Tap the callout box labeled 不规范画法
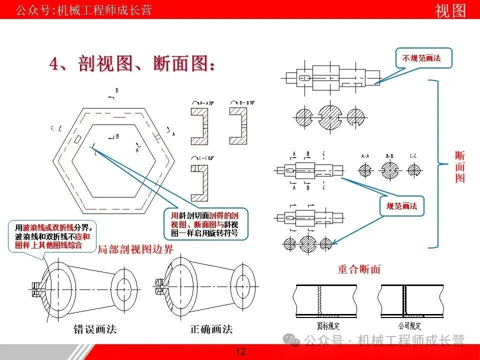421,58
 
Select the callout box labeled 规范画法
401,205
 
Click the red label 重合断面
358,269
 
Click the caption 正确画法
211,329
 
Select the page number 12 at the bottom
240,352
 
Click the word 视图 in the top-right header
450,10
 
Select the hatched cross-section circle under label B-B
390,171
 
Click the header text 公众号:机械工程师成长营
84,10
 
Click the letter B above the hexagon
117,90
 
